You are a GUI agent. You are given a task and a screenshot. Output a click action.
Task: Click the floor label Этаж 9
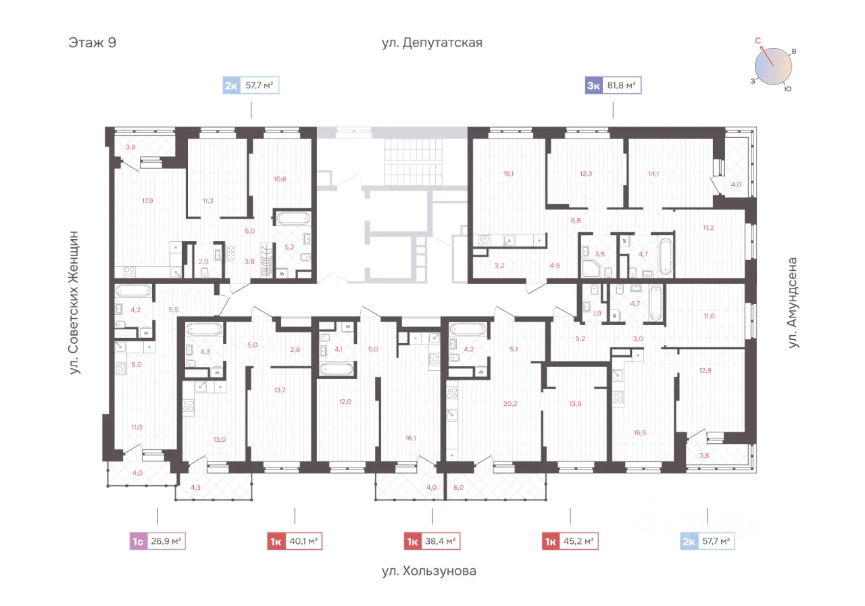pos(93,43)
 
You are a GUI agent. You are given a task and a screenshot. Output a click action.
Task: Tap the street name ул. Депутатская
pos(432,43)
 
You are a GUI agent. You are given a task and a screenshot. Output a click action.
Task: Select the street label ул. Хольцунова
pos(429,571)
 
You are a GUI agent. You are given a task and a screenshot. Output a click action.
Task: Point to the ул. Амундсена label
pos(792,303)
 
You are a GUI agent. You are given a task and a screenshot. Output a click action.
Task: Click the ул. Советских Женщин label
pos(74,303)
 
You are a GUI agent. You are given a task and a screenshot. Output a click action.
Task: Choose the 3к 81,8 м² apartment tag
pos(613,85)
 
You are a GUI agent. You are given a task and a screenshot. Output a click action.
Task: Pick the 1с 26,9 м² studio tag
pos(157,541)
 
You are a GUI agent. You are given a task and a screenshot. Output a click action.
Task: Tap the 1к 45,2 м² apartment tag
pos(570,541)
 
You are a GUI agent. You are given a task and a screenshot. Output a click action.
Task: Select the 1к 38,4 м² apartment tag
pos(432,541)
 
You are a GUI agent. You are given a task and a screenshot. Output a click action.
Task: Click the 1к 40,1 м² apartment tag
pos(295,541)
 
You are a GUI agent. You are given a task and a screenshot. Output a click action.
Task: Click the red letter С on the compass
pos(758,41)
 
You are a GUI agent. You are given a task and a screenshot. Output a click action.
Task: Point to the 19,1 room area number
pos(509,174)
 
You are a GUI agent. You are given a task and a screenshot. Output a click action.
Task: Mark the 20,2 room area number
pos(510,404)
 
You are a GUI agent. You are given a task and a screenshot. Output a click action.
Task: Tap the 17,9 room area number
pos(147,201)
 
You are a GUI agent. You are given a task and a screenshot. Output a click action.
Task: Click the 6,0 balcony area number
pos(458,488)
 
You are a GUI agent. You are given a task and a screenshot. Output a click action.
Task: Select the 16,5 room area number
pos(640,432)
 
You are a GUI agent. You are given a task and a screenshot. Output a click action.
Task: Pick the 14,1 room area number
pos(653,174)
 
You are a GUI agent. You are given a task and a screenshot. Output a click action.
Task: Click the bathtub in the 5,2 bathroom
pos(294,219)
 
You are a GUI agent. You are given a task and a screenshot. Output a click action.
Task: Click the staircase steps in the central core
pos(413,162)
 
